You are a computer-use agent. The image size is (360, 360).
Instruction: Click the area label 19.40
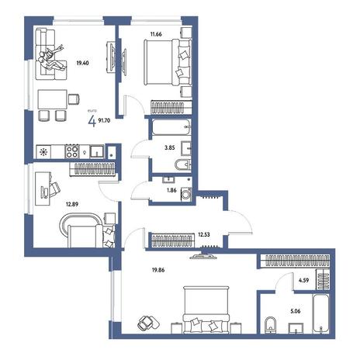tap(82, 63)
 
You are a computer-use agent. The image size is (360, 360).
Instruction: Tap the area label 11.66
tap(156, 34)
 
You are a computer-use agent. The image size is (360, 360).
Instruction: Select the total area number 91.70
tap(104, 120)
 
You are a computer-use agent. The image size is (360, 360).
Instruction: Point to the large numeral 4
tap(92, 121)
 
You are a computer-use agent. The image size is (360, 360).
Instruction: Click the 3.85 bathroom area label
tap(170, 148)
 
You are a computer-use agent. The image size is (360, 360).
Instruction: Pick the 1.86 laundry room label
tap(171, 190)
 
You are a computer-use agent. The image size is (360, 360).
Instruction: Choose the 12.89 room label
tap(72, 204)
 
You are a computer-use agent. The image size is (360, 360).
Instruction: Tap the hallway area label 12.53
tap(204, 235)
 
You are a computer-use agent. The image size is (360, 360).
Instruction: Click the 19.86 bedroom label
tap(158, 270)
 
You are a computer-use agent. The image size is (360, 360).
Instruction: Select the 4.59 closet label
tap(303, 280)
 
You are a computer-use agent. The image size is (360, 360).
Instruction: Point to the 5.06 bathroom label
tap(296, 311)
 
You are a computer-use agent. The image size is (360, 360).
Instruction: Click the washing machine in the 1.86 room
tap(186, 194)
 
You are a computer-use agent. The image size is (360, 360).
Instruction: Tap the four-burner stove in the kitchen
tap(72, 151)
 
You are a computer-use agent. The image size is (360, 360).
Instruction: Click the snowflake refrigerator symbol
tap(43, 152)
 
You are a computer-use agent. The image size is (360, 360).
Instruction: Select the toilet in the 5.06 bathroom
tap(271, 324)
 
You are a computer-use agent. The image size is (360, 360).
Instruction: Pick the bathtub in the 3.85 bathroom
tap(171, 127)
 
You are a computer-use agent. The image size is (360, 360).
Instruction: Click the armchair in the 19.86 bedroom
tap(148, 323)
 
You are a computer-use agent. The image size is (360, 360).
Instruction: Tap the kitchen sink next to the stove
tap(97, 151)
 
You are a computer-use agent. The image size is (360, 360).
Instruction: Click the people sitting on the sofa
tap(51, 59)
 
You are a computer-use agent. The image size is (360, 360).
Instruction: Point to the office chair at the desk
tap(54, 189)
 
